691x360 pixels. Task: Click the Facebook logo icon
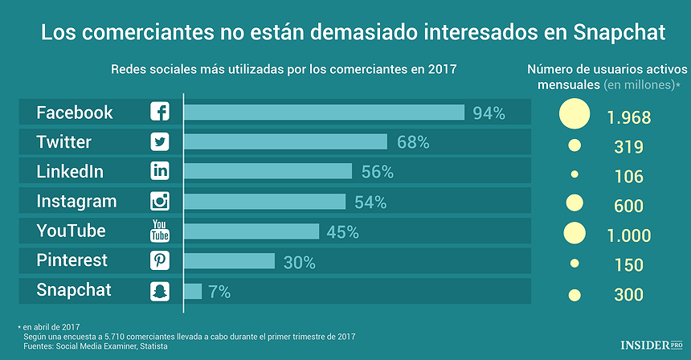click(160, 112)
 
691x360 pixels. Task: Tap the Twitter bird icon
click(160, 142)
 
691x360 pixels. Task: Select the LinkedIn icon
click(160, 171)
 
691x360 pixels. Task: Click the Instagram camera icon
click(160, 201)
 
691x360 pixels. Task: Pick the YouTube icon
click(160, 231)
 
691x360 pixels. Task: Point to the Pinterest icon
click(160, 260)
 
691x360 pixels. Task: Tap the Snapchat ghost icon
click(160, 290)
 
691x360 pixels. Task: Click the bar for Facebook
click(324, 112)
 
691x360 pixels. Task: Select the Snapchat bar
click(193, 290)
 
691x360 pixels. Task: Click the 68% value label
click(413, 142)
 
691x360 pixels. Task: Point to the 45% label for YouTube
click(342, 231)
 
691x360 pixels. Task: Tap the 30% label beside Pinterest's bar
click(298, 261)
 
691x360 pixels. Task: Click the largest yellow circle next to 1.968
click(574, 114)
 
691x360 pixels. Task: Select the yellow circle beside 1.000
click(574, 233)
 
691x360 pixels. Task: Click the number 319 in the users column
click(628, 147)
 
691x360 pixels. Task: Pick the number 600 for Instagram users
click(628, 206)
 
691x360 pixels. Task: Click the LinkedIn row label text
click(70, 171)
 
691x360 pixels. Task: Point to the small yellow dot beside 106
click(574, 174)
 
